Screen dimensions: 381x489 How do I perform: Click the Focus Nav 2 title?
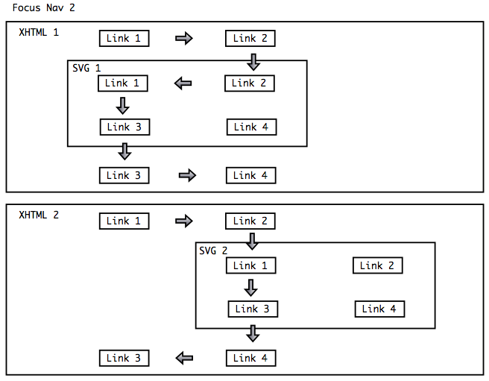(43, 8)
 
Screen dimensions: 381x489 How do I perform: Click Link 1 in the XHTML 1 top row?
(124, 38)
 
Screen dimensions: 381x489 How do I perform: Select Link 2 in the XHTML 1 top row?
(250, 38)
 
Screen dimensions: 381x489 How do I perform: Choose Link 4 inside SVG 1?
(251, 127)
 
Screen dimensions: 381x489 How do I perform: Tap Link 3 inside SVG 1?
(124, 127)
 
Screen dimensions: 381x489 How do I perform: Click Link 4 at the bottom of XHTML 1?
(250, 175)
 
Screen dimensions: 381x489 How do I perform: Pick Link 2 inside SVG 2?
(377, 265)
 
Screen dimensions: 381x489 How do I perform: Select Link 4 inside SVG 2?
(379, 309)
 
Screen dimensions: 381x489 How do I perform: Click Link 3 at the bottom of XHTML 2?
(124, 358)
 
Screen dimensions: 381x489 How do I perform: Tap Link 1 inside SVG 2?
(250, 265)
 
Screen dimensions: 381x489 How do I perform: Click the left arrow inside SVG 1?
(183, 84)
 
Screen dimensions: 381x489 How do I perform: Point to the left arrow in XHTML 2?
(184, 359)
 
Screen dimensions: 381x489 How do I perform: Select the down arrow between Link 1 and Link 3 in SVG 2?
(251, 287)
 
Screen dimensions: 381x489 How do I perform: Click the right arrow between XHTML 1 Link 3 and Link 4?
(187, 176)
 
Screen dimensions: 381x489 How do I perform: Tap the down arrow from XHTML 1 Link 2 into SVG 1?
(253, 62)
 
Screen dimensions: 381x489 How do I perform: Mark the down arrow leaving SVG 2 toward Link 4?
(253, 333)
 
